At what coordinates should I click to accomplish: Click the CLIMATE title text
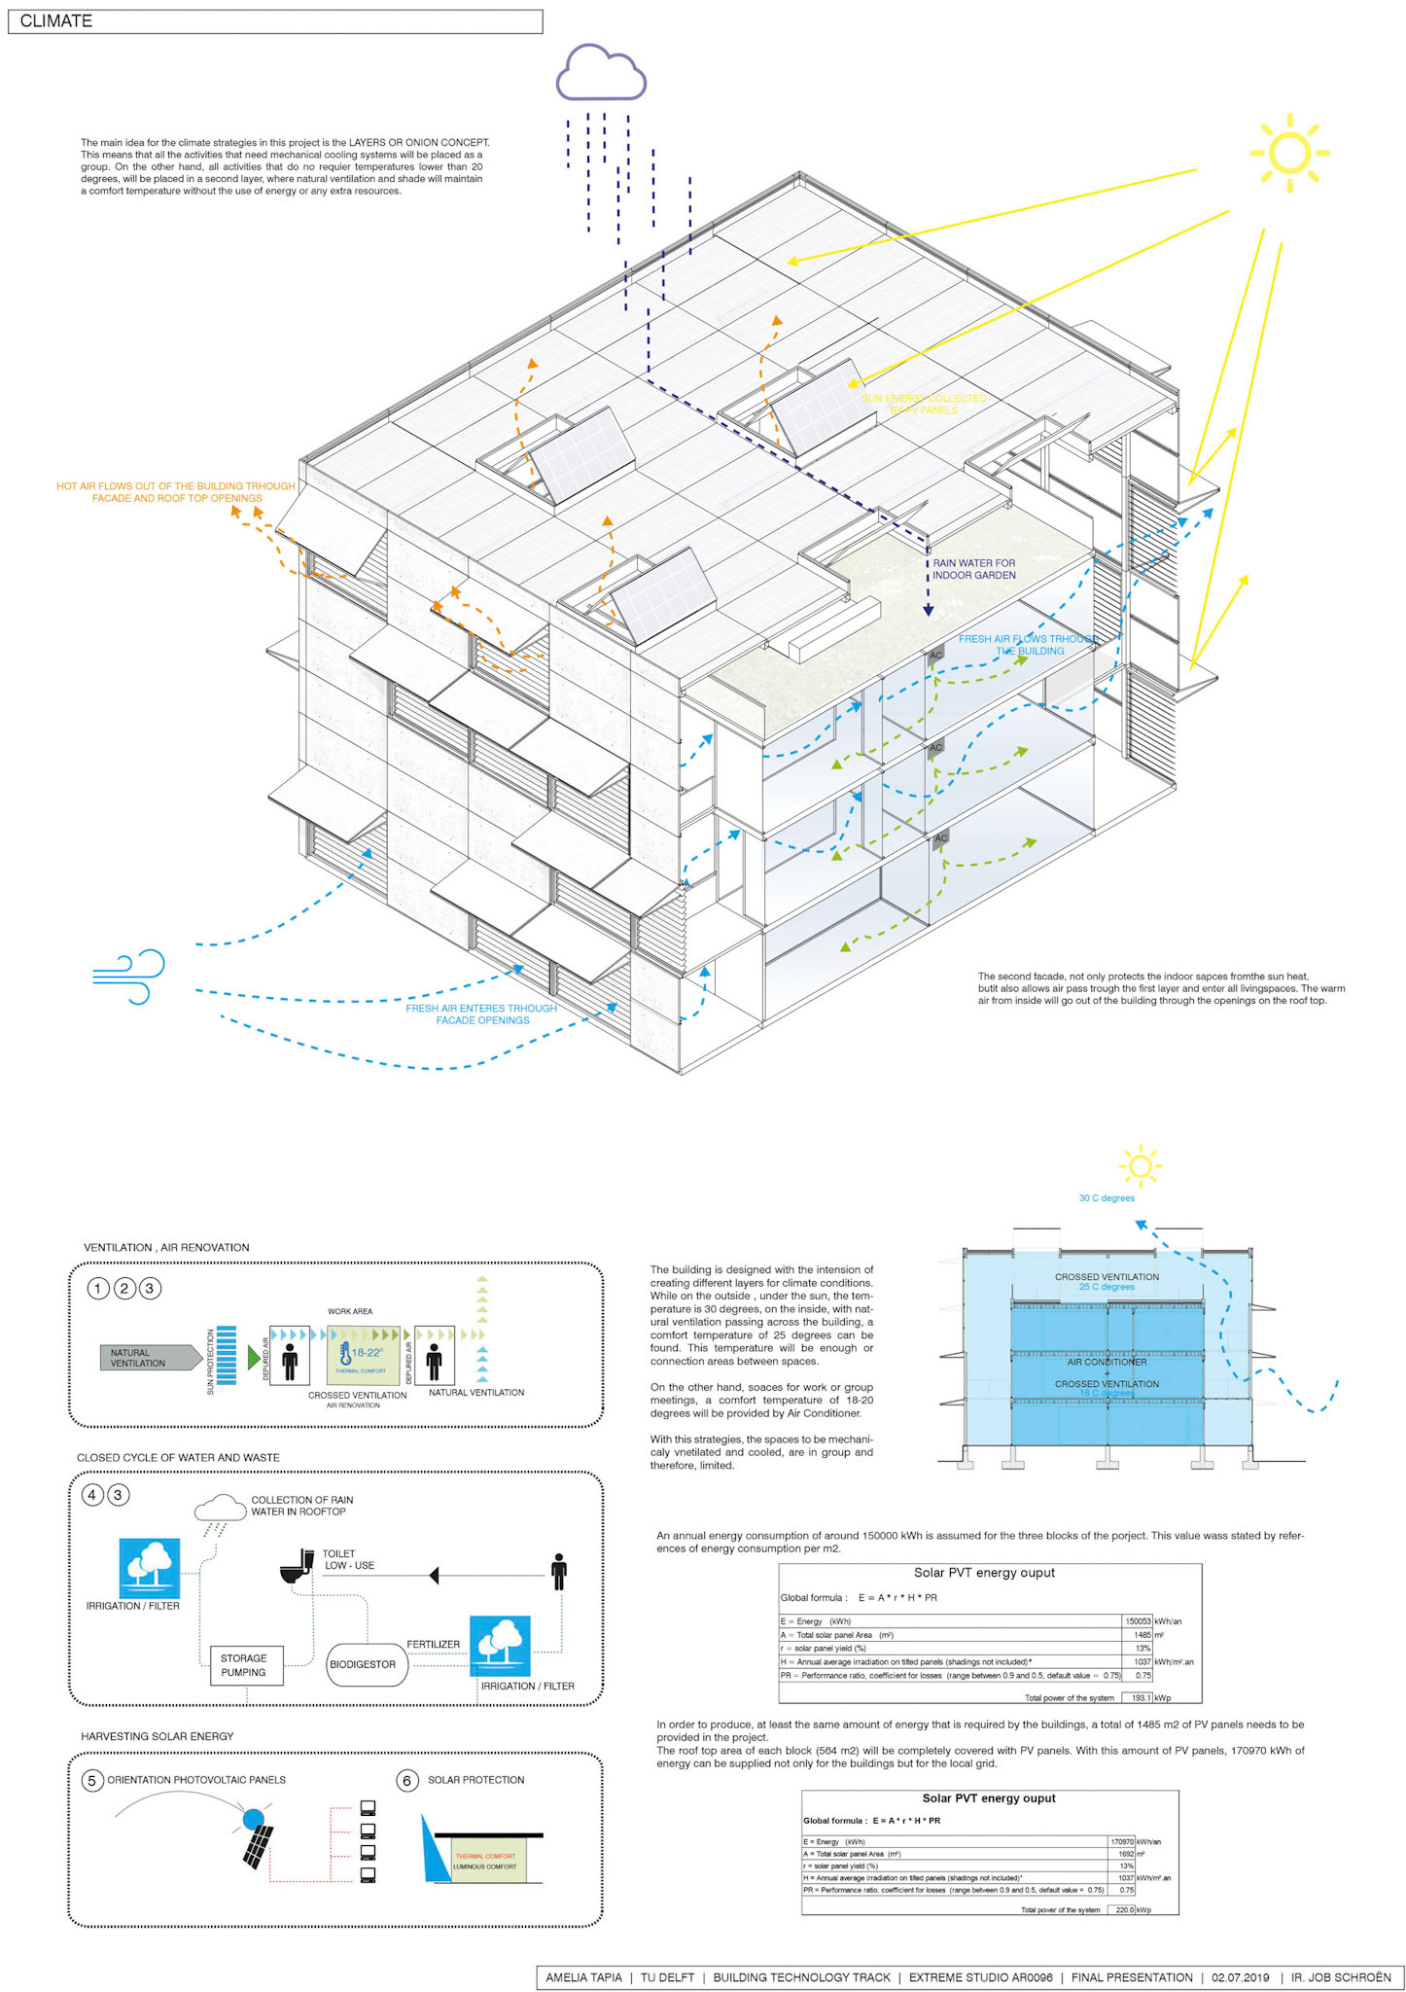click(x=55, y=21)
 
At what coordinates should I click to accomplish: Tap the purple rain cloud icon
click(x=601, y=73)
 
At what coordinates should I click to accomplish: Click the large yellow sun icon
click(x=1289, y=154)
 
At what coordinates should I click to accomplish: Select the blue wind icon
click(x=129, y=977)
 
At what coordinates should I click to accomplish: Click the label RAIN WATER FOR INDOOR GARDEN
click(x=973, y=569)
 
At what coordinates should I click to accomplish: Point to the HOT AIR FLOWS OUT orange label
click(x=176, y=492)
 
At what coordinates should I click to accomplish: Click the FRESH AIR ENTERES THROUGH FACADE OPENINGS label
click(x=481, y=1014)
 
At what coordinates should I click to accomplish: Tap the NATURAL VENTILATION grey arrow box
click(x=146, y=1358)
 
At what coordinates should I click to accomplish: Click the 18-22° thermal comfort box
click(x=363, y=1355)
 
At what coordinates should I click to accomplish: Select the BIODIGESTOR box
click(x=363, y=1664)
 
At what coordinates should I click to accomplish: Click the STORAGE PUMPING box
click(x=245, y=1664)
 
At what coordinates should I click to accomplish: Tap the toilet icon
click(x=296, y=1565)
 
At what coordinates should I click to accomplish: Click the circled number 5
click(x=92, y=1780)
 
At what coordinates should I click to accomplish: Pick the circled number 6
click(x=407, y=1780)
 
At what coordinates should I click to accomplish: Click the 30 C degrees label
click(x=1107, y=1198)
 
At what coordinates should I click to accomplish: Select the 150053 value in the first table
click(x=1138, y=1621)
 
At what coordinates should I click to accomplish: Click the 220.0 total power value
click(x=1124, y=1909)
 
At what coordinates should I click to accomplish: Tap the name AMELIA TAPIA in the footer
click(x=583, y=1977)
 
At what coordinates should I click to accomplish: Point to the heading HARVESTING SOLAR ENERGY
click(x=158, y=1736)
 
